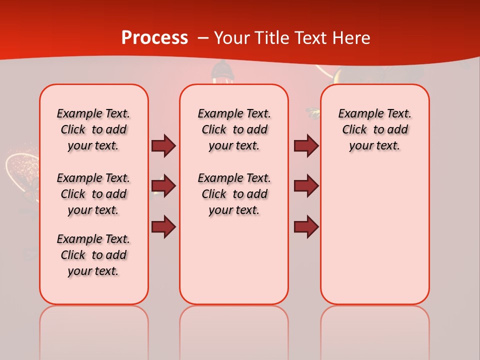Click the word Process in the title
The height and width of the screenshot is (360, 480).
154,38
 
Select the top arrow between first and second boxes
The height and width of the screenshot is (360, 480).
163,145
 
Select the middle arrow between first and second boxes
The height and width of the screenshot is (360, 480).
163,186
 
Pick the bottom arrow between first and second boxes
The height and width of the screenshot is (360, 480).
163,227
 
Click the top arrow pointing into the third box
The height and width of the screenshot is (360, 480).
306,145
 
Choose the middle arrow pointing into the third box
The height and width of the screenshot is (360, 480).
306,186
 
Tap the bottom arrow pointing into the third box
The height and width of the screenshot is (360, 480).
306,227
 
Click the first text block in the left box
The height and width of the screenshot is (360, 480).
93,129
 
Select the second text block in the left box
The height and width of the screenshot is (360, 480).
93,194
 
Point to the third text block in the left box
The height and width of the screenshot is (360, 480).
93,255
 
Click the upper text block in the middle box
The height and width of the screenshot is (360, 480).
234,129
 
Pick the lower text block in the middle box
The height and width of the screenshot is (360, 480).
234,194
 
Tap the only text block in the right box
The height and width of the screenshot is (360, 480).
374,129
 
